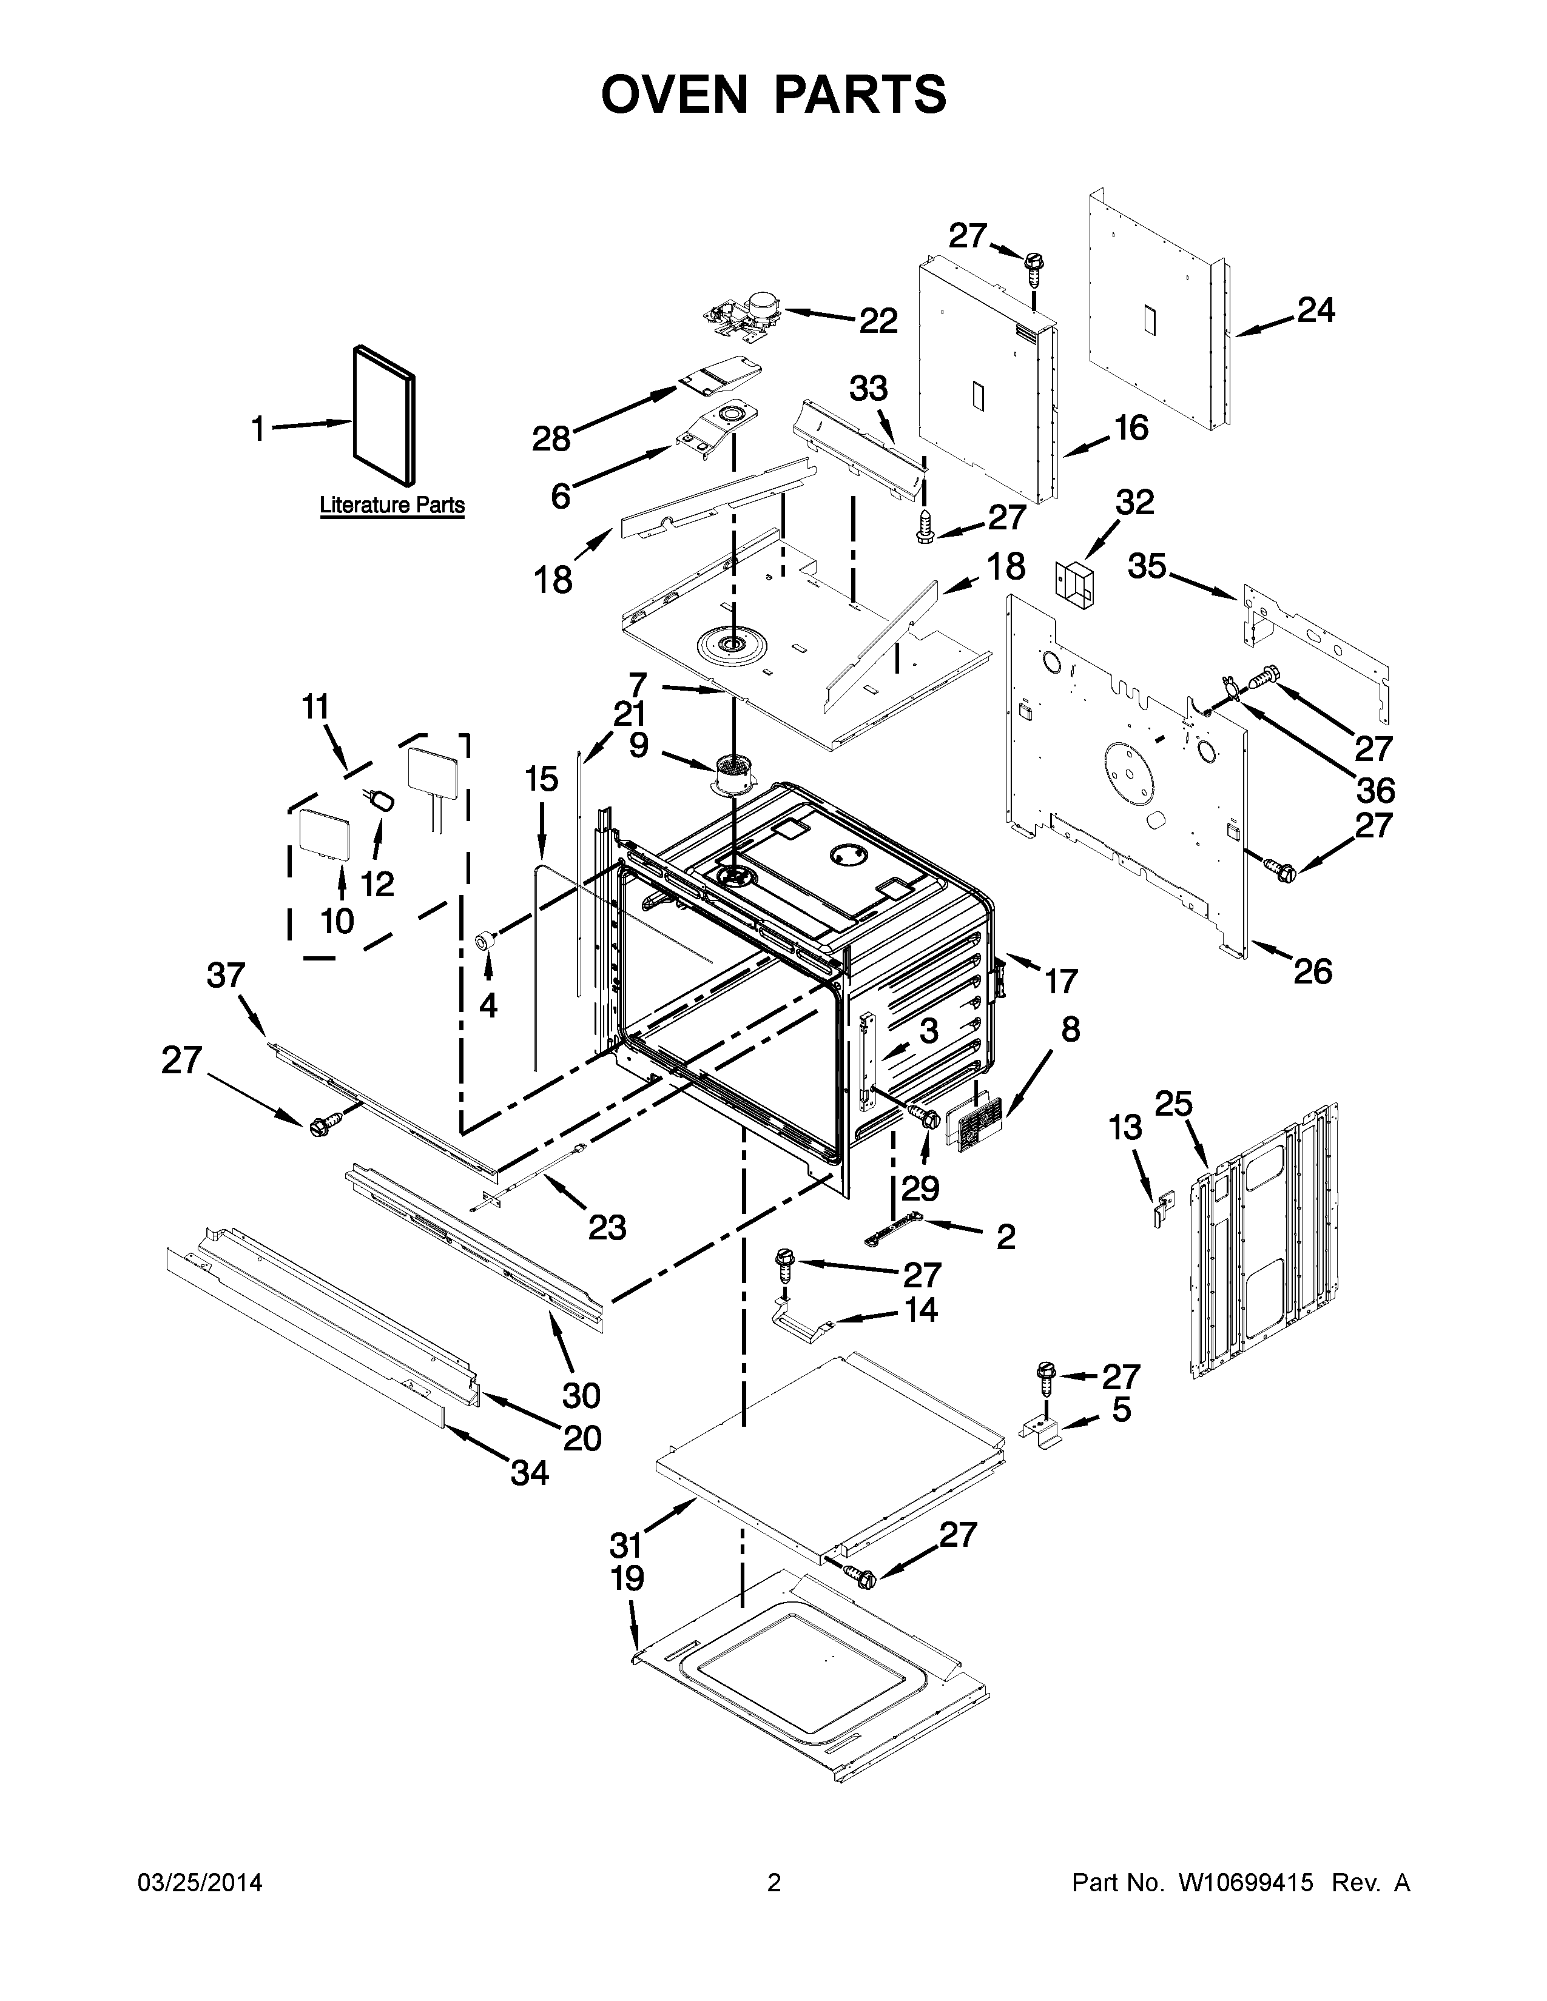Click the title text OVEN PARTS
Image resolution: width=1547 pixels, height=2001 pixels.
tap(773, 95)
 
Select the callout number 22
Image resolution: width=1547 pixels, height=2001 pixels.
tap(877, 321)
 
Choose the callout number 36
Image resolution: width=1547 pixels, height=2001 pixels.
tap(1375, 789)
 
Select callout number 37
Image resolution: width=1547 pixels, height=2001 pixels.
tap(226, 976)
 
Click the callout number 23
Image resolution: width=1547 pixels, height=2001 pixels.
tap(607, 1226)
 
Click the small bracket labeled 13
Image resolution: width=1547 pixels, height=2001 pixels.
tap(1164, 1210)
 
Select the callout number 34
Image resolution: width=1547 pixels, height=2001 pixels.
tap(530, 1472)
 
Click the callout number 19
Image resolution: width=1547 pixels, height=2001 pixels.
tap(628, 1578)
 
